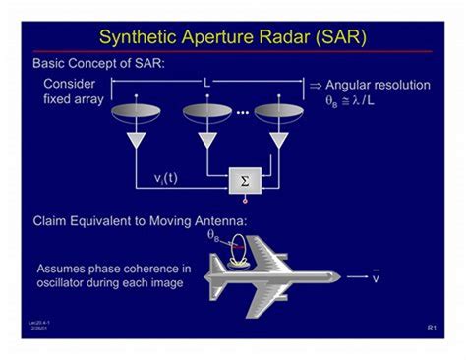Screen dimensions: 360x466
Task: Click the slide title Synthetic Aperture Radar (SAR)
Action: (233, 37)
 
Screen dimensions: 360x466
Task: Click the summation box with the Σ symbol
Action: (244, 181)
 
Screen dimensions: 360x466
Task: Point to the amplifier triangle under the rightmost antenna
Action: (278, 141)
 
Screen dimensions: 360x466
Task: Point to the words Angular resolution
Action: (378, 86)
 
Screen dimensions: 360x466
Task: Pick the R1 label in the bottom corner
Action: (432, 327)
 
